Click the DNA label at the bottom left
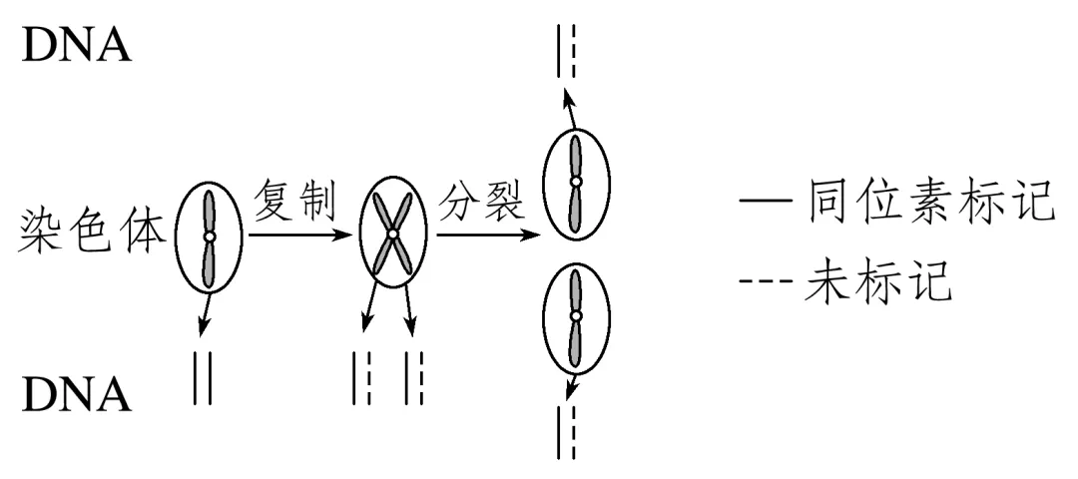(x=76, y=395)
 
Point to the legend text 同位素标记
(x=923, y=207)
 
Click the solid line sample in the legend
(x=761, y=208)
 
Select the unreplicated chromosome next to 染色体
(x=209, y=237)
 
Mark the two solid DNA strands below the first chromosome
(x=203, y=380)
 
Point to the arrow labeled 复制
(x=299, y=236)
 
